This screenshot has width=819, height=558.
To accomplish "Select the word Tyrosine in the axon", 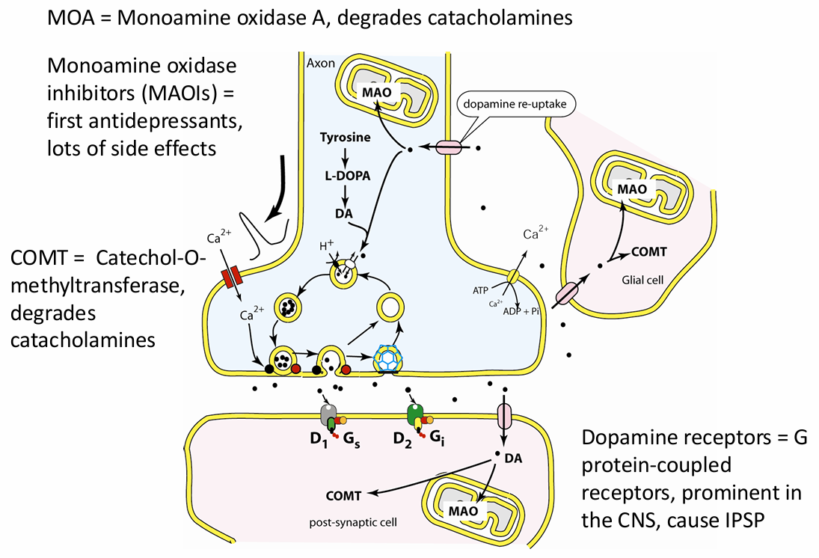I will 345,138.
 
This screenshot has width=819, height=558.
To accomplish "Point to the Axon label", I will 321,64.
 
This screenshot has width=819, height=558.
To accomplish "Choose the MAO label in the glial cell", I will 631,188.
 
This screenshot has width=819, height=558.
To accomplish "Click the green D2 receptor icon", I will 415,413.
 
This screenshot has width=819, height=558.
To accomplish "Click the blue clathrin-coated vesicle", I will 387,358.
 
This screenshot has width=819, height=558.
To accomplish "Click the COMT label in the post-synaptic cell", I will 344,495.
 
